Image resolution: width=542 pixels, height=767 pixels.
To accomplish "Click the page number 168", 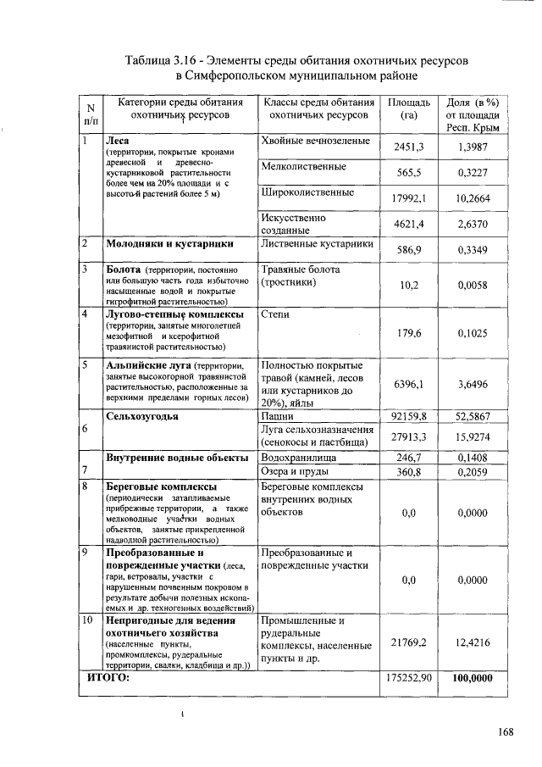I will [x=506, y=732].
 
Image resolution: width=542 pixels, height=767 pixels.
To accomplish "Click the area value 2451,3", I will [x=408, y=147].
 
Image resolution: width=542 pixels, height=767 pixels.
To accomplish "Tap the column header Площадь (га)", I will [x=409, y=108].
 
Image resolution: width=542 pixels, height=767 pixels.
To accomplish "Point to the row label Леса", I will [x=116, y=140].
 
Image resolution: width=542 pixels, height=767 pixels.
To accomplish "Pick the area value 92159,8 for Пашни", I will [x=408, y=416].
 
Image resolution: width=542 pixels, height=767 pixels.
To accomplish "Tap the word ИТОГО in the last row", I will [x=109, y=678].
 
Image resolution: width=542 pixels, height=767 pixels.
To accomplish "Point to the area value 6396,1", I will [x=408, y=384].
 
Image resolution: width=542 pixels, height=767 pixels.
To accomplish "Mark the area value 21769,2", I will [x=408, y=642].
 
